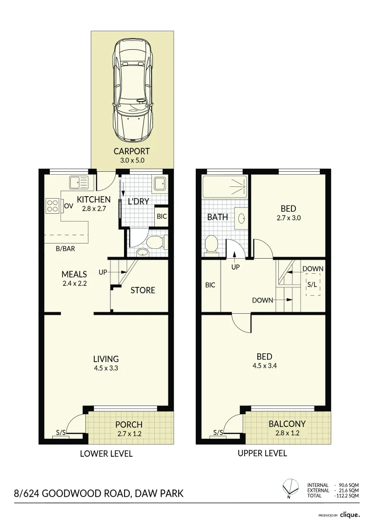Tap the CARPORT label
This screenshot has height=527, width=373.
pos(131,151)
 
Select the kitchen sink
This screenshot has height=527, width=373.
pos(79,182)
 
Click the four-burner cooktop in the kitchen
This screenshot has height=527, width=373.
pos(53,206)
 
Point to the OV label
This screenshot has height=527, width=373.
pos(69,206)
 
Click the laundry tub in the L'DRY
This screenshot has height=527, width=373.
pos(159,184)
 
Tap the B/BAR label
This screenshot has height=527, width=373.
pos(65,249)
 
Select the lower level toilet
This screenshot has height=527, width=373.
pos(155,242)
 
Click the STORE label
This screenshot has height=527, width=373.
pos(143,290)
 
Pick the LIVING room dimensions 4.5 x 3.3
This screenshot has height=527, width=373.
pos(106,368)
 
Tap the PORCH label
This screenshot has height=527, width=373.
pos(129,425)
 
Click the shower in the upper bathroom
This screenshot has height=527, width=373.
pos(225,186)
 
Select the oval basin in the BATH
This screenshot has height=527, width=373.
pos(241,219)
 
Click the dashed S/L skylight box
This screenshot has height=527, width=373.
pos(312,284)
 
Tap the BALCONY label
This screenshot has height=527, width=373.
pos(287,424)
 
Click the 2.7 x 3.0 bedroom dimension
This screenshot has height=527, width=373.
pos(289,218)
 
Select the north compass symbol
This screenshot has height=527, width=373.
pos(290,486)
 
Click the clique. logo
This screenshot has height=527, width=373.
pos(350,515)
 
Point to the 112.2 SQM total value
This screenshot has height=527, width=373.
pos(347,496)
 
